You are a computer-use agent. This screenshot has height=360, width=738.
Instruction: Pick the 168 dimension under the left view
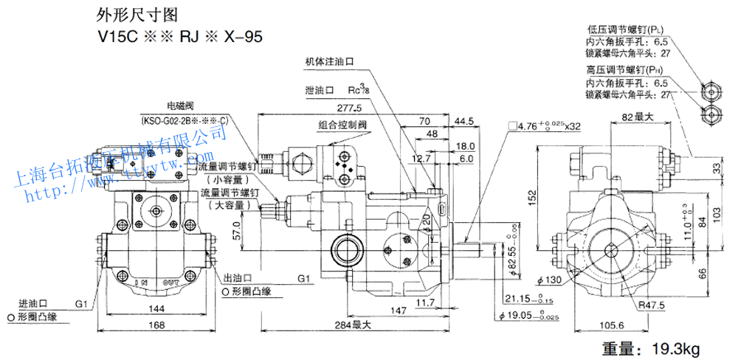click(154, 325)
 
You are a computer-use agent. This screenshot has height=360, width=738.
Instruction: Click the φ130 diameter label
click(549, 280)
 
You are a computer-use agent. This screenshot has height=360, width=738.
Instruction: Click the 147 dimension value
click(399, 311)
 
